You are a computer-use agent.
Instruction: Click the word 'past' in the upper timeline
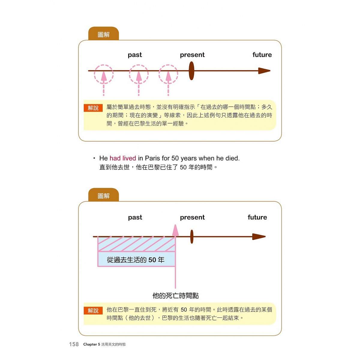point(135,55)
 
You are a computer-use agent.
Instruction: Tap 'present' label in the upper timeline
point(192,55)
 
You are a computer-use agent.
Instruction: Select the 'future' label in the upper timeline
point(262,55)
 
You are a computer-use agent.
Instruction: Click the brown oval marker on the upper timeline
point(191,71)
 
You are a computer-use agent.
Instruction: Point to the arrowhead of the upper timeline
point(264,71)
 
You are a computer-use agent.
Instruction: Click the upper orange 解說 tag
point(93,108)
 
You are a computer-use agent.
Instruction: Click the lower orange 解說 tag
point(93,310)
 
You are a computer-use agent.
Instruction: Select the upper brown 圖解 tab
point(103,34)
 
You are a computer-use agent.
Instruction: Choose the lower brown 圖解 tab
point(103,195)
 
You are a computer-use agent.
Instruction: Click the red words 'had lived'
point(123,158)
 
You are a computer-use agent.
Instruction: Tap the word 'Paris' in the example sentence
point(152,158)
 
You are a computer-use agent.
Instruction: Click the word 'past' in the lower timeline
point(135,217)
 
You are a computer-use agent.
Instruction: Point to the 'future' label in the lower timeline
point(257,217)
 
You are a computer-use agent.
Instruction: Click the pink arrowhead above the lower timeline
point(175,230)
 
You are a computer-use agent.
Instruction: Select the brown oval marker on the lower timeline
point(192,236)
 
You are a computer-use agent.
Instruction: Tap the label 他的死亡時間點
point(175,296)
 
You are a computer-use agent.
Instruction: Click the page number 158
point(74,344)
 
